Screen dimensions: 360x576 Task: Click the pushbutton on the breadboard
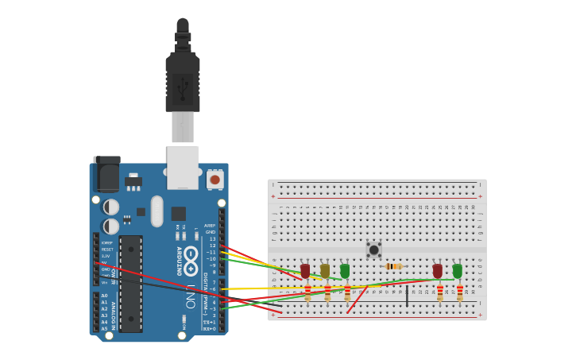(x=373, y=250)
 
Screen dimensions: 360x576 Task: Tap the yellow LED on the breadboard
(x=325, y=271)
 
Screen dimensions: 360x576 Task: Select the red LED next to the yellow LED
(x=305, y=271)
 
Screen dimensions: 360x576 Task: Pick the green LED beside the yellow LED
(x=345, y=271)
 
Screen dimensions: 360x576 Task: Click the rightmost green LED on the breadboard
(x=458, y=271)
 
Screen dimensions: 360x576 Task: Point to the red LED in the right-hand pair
(x=438, y=271)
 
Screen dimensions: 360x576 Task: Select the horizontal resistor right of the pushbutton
(x=393, y=266)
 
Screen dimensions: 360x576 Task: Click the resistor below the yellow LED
(x=327, y=293)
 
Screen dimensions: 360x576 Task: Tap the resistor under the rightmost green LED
(x=460, y=293)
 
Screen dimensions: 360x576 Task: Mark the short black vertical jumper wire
(x=408, y=296)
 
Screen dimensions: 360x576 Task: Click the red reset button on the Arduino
(x=215, y=180)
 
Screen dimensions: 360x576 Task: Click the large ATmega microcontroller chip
(x=131, y=283)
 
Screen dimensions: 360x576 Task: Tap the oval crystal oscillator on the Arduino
(x=157, y=211)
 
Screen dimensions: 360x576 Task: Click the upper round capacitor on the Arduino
(x=111, y=207)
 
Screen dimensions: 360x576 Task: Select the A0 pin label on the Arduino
(x=104, y=296)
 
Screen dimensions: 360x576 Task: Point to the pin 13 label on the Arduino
(x=212, y=238)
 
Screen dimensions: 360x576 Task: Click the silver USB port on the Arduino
(x=183, y=167)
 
